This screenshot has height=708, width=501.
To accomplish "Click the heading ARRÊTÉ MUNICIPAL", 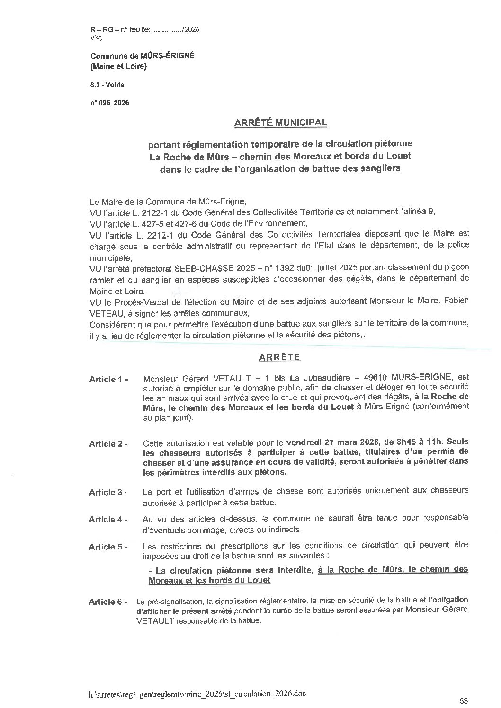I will click(x=280, y=123).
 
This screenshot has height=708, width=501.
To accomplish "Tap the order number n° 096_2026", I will click(x=109, y=103).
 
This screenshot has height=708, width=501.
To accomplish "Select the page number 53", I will click(x=464, y=700).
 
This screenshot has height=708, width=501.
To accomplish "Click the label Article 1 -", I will click(x=108, y=379).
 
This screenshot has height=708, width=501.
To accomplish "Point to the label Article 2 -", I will click(x=108, y=444).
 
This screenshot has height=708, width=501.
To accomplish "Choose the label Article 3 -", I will click(x=108, y=492).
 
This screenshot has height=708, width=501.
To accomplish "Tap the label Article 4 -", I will click(x=108, y=520).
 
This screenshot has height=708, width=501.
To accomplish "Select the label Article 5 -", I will click(x=108, y=547).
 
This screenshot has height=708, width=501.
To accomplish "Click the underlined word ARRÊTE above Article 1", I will click(x=280, y=357).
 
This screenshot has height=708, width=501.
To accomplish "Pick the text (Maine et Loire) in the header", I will click(x=118, y=66).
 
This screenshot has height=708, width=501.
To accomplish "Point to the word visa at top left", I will click(x=96, y=36).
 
